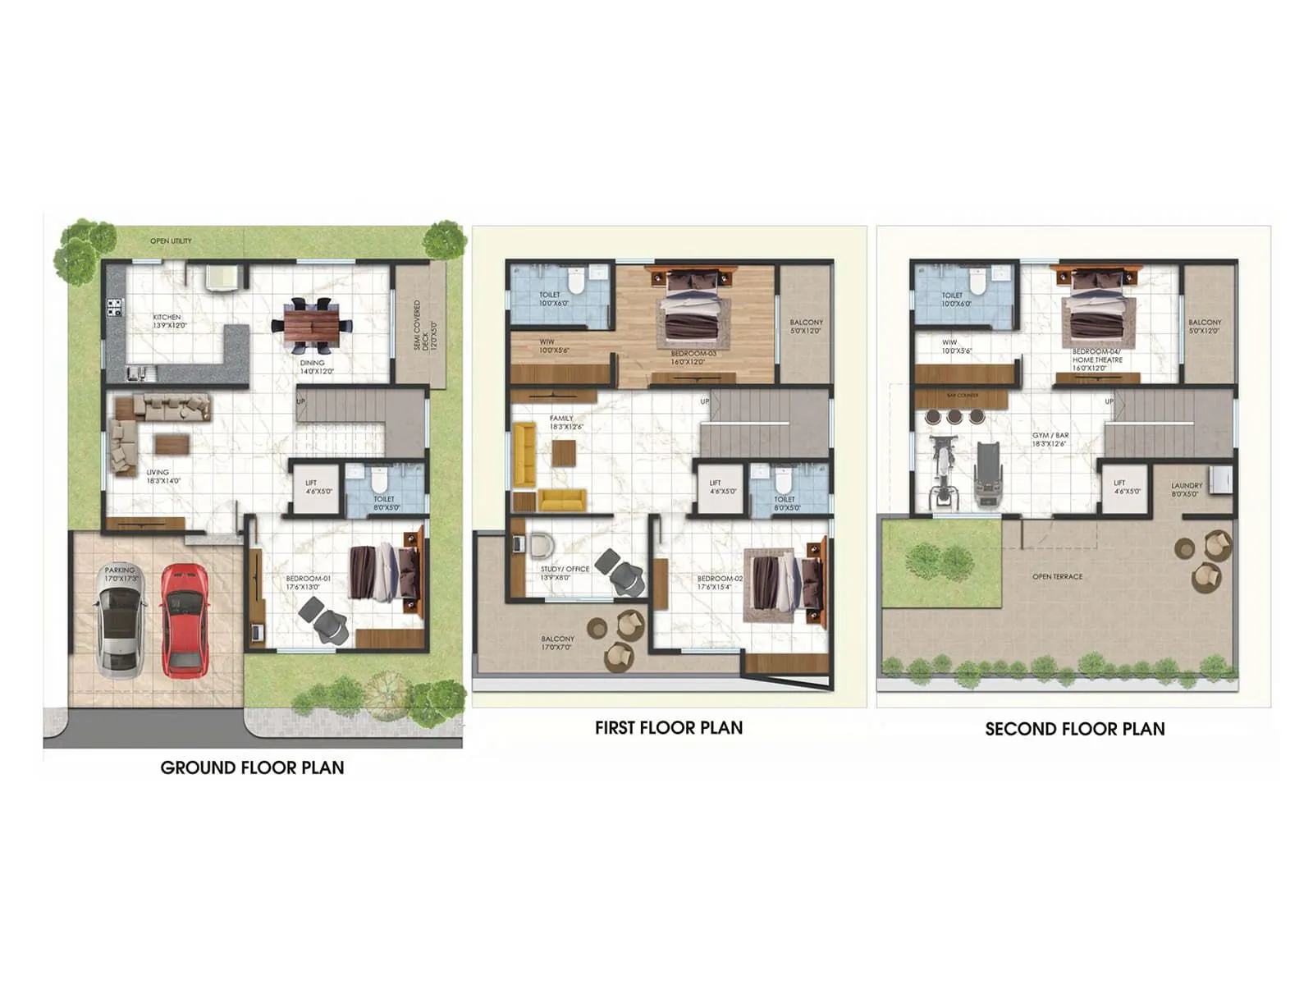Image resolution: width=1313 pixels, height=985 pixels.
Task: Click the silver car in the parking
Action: pyautogui.click(x=120, y=621)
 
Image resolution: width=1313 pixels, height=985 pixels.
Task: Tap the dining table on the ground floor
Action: pyautogui.click(x=311, y=325)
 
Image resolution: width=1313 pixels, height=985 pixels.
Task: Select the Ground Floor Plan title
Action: pyautogui.click(x=252, y=767)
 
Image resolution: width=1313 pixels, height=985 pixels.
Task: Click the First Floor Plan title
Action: pyautogui.click(x=668, y=727)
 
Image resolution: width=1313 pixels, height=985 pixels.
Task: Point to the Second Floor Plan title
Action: pyautogui.click(x=1074, y=729)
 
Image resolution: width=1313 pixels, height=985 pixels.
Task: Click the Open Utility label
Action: pyautogui.click(x=171, y=241)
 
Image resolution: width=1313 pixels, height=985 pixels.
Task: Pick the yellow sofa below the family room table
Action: pyautogui.click(x=561, y=499)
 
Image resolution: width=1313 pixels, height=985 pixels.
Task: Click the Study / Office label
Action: pyautogui.click(x=565, y=569)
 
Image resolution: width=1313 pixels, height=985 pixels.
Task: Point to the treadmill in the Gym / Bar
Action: pyautogui.click(x=987, y=474)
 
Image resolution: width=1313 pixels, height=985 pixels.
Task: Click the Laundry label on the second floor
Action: pyautogui.click(x=1186, y=486)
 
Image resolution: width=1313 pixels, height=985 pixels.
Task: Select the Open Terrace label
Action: pyautogui.click(x=1057, y=577)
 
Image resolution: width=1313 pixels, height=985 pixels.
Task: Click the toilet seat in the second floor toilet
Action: pyautogui.click(x=977, y=280)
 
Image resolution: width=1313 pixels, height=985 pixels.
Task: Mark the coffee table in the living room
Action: pyautogui.click(x=172, y=444)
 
